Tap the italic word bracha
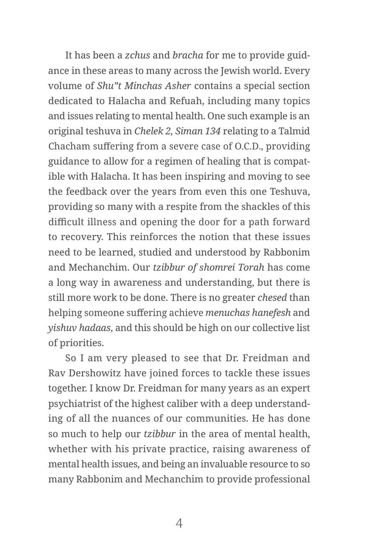(x=187, y=56)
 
